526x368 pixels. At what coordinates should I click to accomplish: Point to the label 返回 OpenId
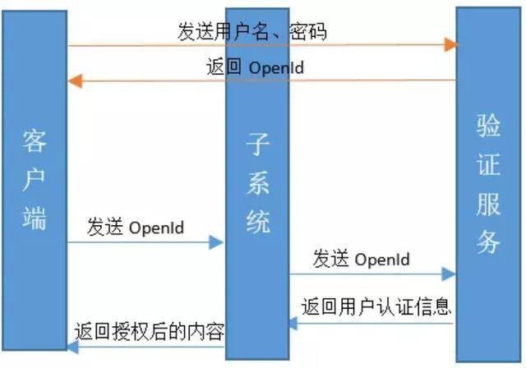pos(254,67)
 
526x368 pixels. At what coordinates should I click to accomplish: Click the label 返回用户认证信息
pos(376,308)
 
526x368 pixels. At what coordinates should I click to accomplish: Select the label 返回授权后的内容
pos(149,333)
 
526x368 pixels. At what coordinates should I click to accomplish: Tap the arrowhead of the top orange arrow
pos(451,44)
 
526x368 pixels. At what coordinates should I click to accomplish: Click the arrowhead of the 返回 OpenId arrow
pos(74,80)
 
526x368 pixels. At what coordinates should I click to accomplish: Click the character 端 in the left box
pos(35,218)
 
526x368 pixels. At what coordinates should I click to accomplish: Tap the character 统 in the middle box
pos(257,220)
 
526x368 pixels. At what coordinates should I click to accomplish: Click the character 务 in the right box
pos(488,241)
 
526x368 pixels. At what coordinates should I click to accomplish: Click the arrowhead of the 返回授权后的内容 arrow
pos(73,348)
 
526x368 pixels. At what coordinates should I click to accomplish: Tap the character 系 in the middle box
pos(257,183)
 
